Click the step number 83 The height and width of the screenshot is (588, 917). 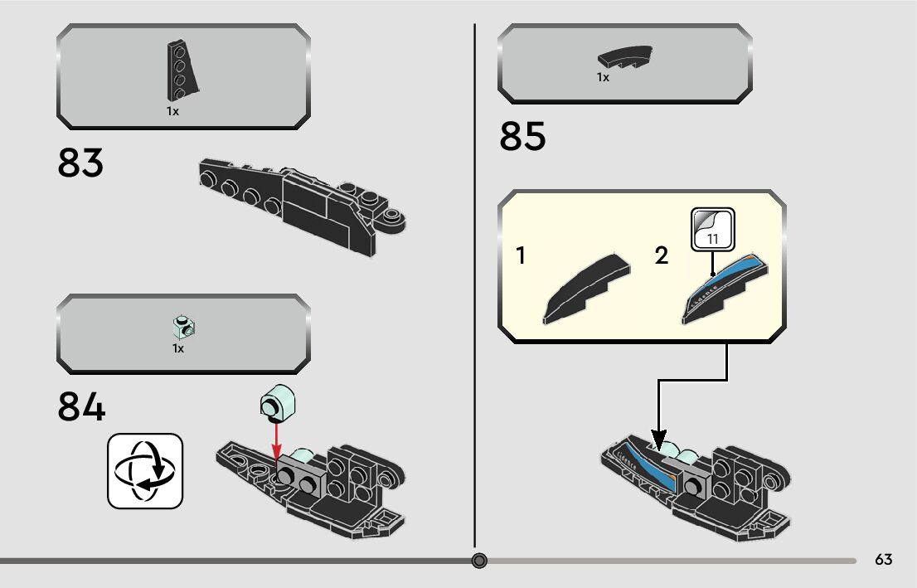point(80,163)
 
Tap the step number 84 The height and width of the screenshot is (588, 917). point(81,407)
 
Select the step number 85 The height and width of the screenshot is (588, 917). point(522,137)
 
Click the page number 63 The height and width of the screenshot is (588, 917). point(883,560)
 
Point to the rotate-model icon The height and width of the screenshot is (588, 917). point(144,471)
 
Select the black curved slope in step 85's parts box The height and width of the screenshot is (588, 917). point(625,58)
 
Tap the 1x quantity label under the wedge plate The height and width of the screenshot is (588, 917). point(172,111)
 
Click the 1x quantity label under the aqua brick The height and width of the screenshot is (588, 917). point(177,349)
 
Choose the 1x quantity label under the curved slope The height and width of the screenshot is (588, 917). point(603,77)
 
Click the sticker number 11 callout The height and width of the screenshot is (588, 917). point(712,229)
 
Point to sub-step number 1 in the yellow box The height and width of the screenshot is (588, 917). point(521,256)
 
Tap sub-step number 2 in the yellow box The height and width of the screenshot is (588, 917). point(661,256)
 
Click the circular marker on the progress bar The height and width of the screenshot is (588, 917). point(479,561)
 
